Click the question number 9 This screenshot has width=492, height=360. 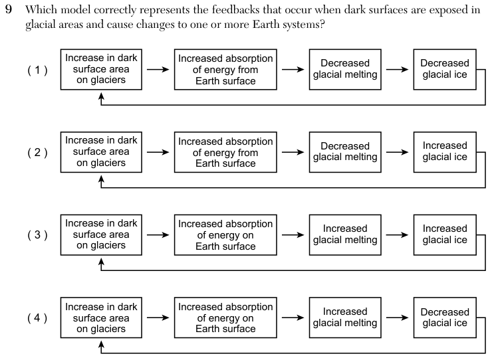point(9,9)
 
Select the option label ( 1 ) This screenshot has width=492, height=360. point(37,70)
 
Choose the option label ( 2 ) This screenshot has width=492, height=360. point(37,152)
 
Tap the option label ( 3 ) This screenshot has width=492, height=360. point(37,235)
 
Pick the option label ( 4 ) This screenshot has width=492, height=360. point(37,317)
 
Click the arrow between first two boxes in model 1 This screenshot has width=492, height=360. point(158,69)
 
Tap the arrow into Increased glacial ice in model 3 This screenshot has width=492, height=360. point(397,235)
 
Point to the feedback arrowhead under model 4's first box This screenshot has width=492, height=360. point(101,344)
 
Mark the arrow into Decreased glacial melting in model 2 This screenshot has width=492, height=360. point(293,152)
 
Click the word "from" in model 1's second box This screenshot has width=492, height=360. point(248,70)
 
